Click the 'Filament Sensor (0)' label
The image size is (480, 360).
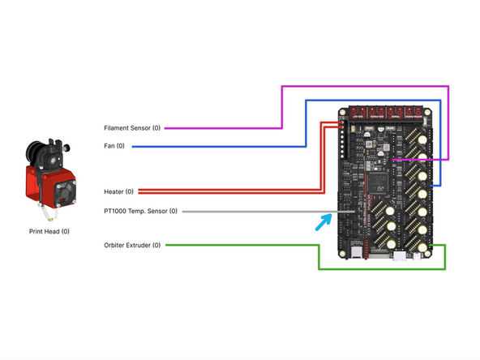point(132,128)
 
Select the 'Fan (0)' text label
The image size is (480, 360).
point(114,147)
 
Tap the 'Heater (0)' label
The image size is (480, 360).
point(119,191)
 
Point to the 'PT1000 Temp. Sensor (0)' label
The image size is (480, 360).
point(139,212)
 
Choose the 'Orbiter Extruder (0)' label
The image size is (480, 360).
point(132,245)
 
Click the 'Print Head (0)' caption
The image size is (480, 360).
point(49,232)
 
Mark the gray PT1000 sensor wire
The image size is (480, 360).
point(259,212)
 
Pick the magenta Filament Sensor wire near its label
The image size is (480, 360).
point(219,128)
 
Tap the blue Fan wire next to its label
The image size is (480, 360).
point(211,147)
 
